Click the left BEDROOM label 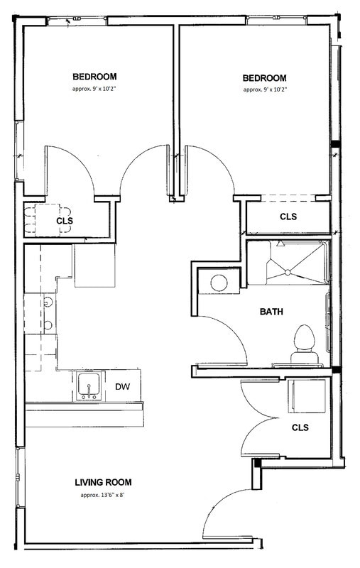(x=94, y=77)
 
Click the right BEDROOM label (x=265, y=78)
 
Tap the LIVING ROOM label (x=103, y=483)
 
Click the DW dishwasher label (x=121, y=387)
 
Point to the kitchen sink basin (x=89, y=386)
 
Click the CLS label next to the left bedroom (x=65, y=221)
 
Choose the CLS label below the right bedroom (x=288, y=217)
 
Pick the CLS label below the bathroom (x=300, y=428)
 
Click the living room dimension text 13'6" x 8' (x=103, y=495)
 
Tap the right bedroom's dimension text (x=265, y=89)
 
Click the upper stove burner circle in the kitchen (x=48, y=302)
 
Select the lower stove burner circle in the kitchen (x=48, y=326)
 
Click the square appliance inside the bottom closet (x=307, y=395)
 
